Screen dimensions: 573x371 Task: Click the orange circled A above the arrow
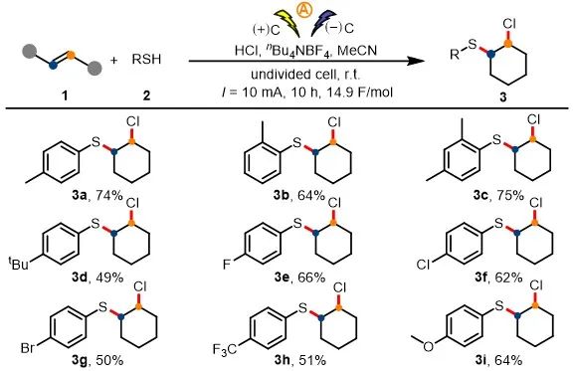click(x=304, y=10)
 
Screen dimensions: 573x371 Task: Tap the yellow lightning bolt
click(x=287, y=23)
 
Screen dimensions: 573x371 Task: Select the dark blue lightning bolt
click(x=323, y=23)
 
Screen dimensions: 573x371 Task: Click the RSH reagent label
click(x=146, y=60)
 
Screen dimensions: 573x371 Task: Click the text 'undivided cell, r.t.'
click(x=305, y=75)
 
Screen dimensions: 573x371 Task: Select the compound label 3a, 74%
click(x=97, y=196)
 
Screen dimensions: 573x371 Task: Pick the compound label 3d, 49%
click(x=97, y=278)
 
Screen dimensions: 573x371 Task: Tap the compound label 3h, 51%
click(x=300, y=361)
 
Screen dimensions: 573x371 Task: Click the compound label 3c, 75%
click(x=498, y=196)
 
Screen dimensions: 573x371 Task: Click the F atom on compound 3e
click(x=227, y=264)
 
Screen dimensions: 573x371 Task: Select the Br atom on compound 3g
click(x=28, y=348)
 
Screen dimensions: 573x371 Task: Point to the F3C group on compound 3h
click(x=225, y=350)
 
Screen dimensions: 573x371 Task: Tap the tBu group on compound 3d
click(x=18, y=264)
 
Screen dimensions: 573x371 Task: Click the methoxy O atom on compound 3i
click(x=429, y=346)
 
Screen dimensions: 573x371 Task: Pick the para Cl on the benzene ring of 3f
click(x=423, y=265)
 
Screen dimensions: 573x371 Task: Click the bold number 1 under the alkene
click(x=65, y=96)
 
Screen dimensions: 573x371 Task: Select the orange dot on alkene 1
click(x=72, y=55)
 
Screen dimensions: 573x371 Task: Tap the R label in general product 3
click(x=455, y=55)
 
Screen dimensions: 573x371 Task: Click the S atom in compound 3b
click(x=297, y=143)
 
